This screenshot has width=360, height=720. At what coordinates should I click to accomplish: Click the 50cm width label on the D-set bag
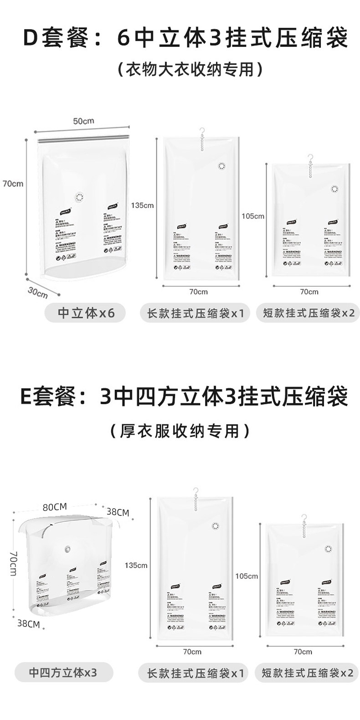[83, 121]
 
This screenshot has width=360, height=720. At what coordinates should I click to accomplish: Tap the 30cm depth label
[37, 292]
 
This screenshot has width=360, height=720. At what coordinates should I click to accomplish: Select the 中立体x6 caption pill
[85, 313]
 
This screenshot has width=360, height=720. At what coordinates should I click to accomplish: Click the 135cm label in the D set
[142, 205]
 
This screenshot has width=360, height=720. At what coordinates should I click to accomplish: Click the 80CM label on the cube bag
[55, 507]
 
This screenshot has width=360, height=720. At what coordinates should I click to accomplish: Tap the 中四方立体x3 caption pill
[63, 673]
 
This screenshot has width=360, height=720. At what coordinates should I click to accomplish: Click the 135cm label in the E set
[136, 566]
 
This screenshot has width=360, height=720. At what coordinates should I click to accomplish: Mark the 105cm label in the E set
[247, 576]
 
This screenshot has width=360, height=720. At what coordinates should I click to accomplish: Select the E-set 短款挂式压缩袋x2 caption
[308, 673]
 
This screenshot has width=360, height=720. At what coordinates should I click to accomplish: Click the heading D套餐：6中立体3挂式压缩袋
[186, 39]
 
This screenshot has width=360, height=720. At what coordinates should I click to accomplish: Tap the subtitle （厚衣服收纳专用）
[180, 430]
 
